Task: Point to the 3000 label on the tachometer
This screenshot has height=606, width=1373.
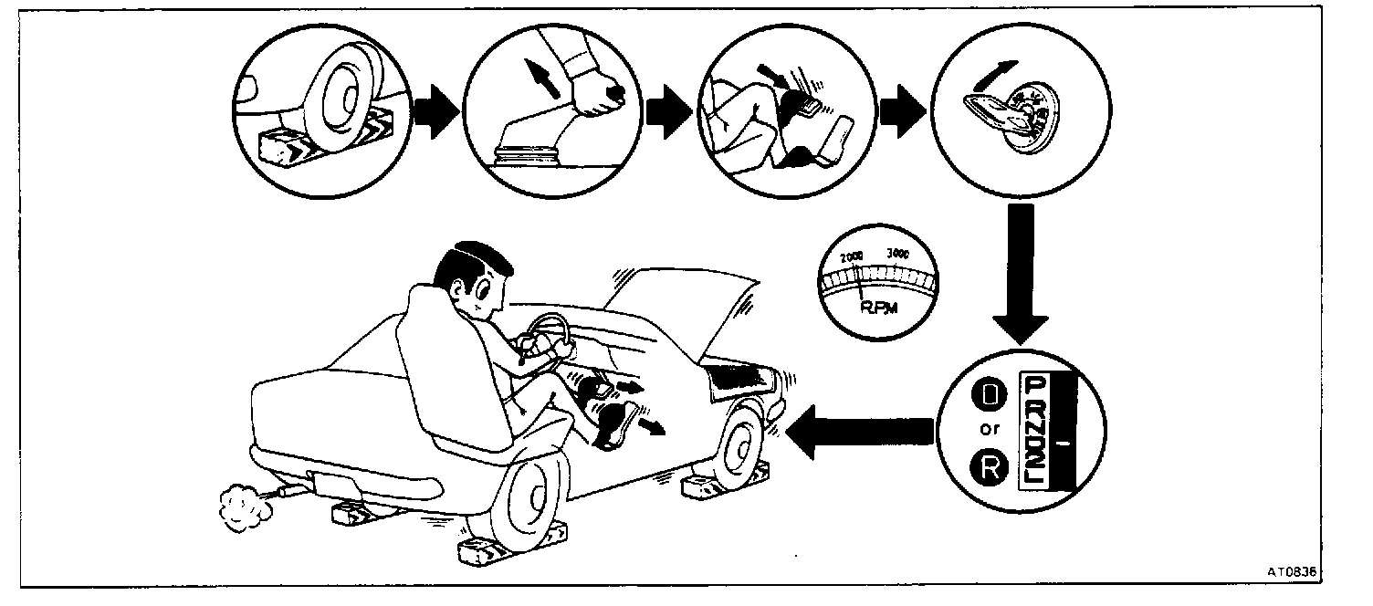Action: coord(898,254)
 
